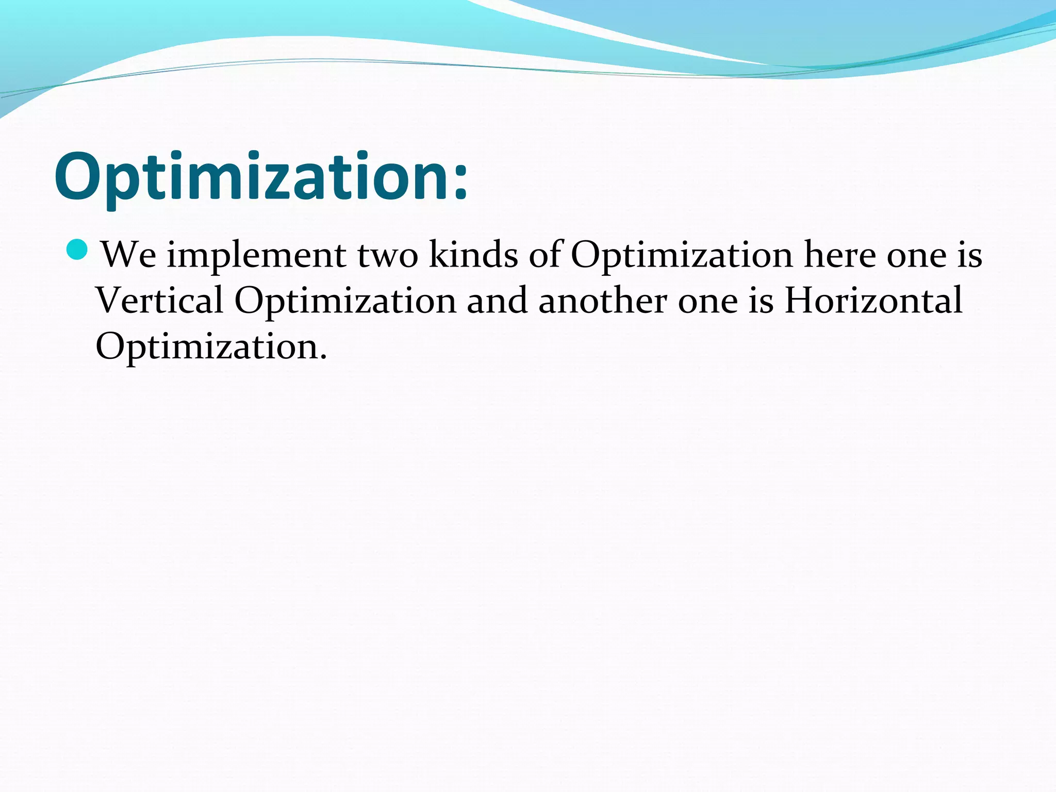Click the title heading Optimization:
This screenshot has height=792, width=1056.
261,177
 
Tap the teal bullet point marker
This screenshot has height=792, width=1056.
78,250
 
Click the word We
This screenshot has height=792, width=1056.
128,255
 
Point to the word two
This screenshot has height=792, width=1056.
387,255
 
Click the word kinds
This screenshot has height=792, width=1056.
473,255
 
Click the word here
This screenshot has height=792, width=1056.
839,255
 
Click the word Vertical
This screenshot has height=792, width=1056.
159,300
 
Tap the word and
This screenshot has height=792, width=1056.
497,300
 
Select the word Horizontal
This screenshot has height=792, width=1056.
873,300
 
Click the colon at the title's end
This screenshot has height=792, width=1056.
460,180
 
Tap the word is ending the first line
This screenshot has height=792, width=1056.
969,255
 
